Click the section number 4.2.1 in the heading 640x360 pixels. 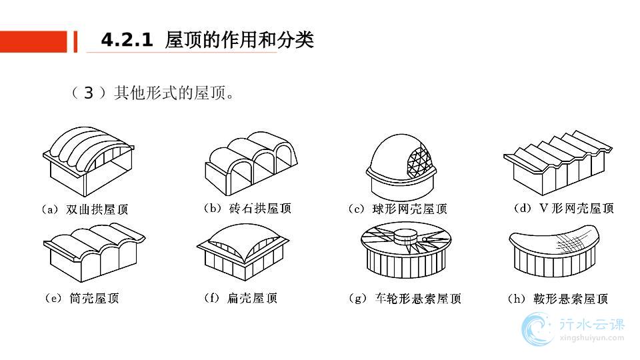click(127, 41)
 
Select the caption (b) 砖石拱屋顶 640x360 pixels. click(247, 209)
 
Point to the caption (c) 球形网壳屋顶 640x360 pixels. click(397, 209)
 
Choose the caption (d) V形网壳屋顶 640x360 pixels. click(564, 208)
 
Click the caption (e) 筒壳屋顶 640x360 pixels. click(81, 299)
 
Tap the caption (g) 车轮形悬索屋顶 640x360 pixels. click(405, 299)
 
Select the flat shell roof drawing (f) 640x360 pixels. click(243, 253)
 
